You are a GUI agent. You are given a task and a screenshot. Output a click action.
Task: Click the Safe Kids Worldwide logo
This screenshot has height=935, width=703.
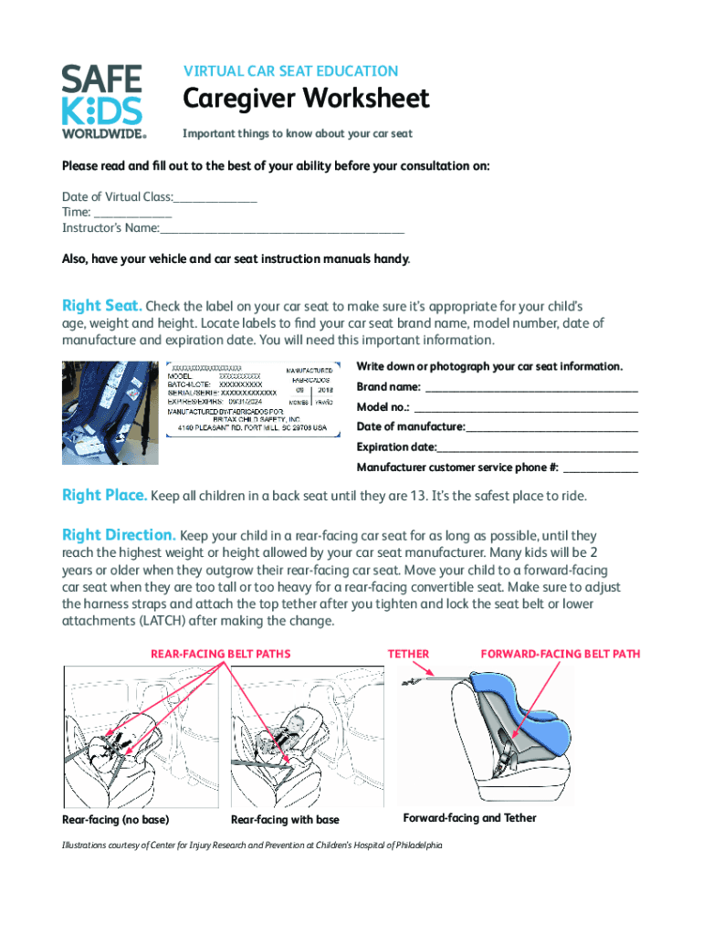tap(102, 100)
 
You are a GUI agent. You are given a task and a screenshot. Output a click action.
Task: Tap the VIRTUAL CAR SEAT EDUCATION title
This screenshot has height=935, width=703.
tap(290, 70)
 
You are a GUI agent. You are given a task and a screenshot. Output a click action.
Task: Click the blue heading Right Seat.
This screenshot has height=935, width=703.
tap(101, 305)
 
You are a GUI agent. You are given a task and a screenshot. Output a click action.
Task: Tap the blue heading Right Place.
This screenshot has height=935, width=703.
tap(104, 496)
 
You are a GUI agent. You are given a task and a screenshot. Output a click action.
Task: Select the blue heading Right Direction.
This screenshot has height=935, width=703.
tap(119, 534)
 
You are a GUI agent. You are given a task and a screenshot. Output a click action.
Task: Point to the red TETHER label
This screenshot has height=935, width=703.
tap(408, 654)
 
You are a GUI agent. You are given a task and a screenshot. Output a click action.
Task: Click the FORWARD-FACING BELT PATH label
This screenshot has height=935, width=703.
tap(560, 654)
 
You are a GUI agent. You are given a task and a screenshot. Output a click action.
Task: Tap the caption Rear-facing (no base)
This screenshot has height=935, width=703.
tap(115, 820)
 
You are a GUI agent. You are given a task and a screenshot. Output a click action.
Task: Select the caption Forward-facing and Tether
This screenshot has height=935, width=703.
tap(469, 818)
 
